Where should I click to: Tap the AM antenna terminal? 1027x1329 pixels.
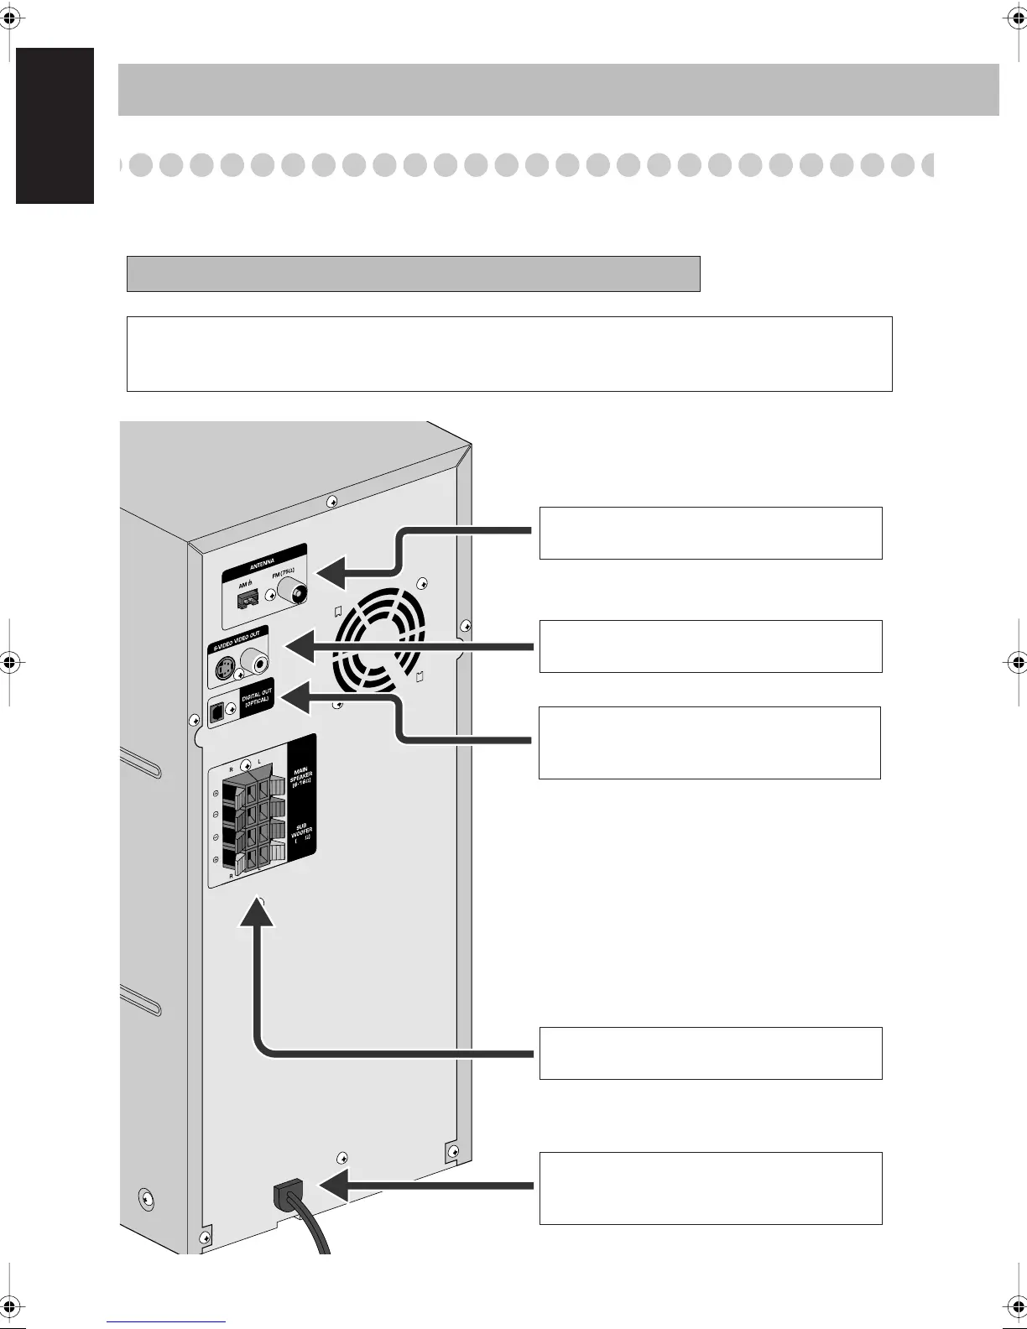pos(248,598)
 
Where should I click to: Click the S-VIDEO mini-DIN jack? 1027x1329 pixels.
pos(224,670)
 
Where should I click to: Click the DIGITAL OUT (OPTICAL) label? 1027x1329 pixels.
pos(257,701)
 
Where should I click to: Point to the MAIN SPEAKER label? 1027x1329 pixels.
pos(301,778)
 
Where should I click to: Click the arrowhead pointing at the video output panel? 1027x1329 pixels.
pos(299,646)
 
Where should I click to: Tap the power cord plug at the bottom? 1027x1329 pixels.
pos(288,1196)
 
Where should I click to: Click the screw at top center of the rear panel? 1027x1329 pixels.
pos(332,501)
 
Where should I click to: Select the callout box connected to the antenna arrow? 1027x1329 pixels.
pos(710,533)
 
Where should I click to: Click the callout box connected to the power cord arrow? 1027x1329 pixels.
pos(710,1188)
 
